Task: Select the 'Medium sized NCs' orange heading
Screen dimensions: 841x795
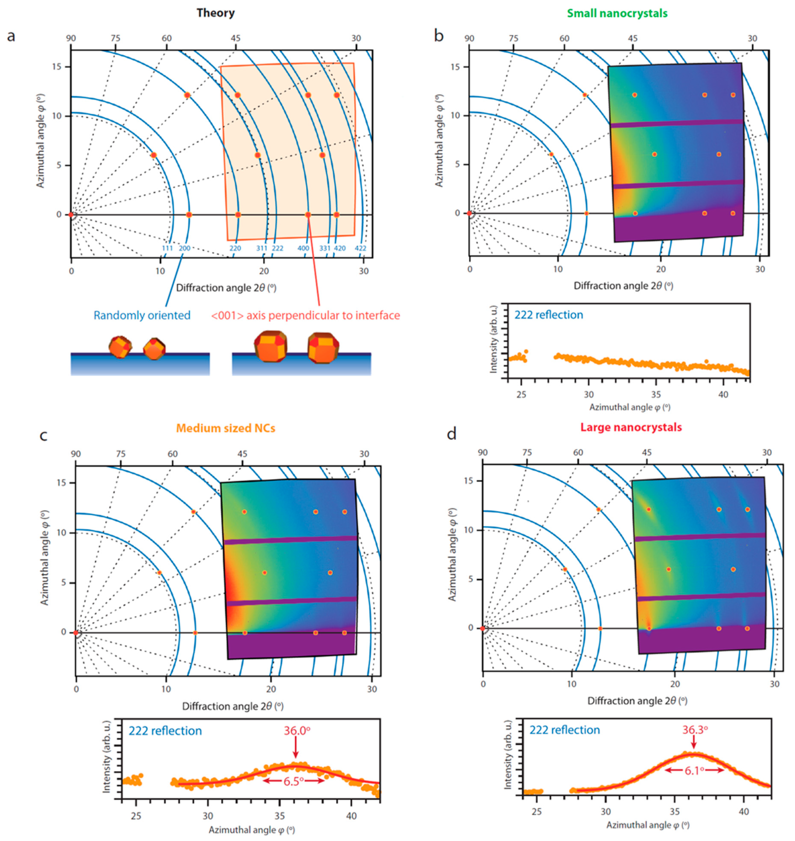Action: click(x=225, y=428)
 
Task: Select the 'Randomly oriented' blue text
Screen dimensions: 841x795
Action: click(x=142, y=315)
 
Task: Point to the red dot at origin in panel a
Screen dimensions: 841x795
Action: click(x=71, y=215)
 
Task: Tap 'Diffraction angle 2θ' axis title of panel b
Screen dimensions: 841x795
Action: click(x=623, y=286)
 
